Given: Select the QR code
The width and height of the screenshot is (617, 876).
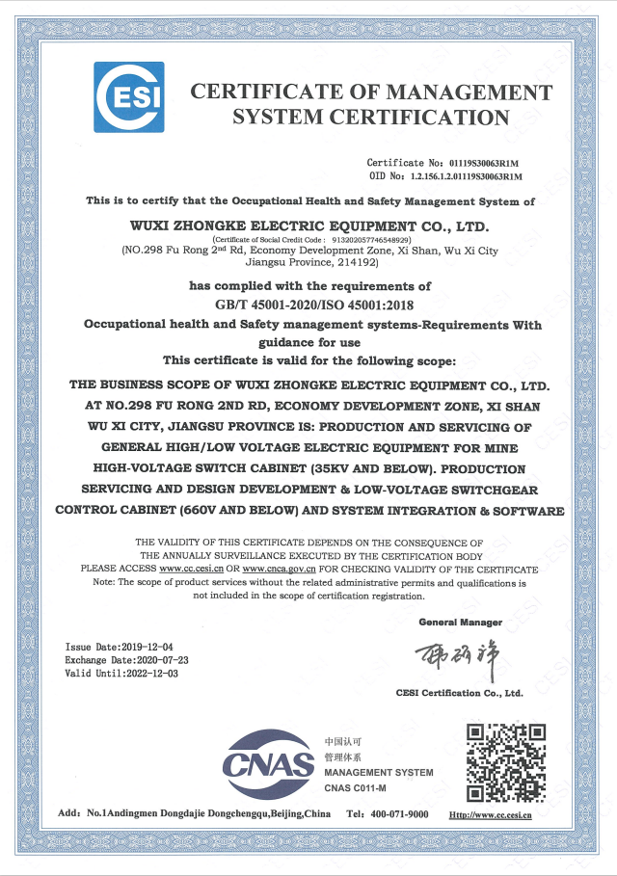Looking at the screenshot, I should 506,762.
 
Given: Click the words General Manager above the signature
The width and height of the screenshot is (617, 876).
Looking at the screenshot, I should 460,624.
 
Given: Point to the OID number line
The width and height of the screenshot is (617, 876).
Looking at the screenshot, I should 445,177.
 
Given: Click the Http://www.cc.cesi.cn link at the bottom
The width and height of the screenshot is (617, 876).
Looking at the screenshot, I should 492,814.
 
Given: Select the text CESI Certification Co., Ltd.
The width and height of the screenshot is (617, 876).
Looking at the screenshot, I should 459,693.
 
